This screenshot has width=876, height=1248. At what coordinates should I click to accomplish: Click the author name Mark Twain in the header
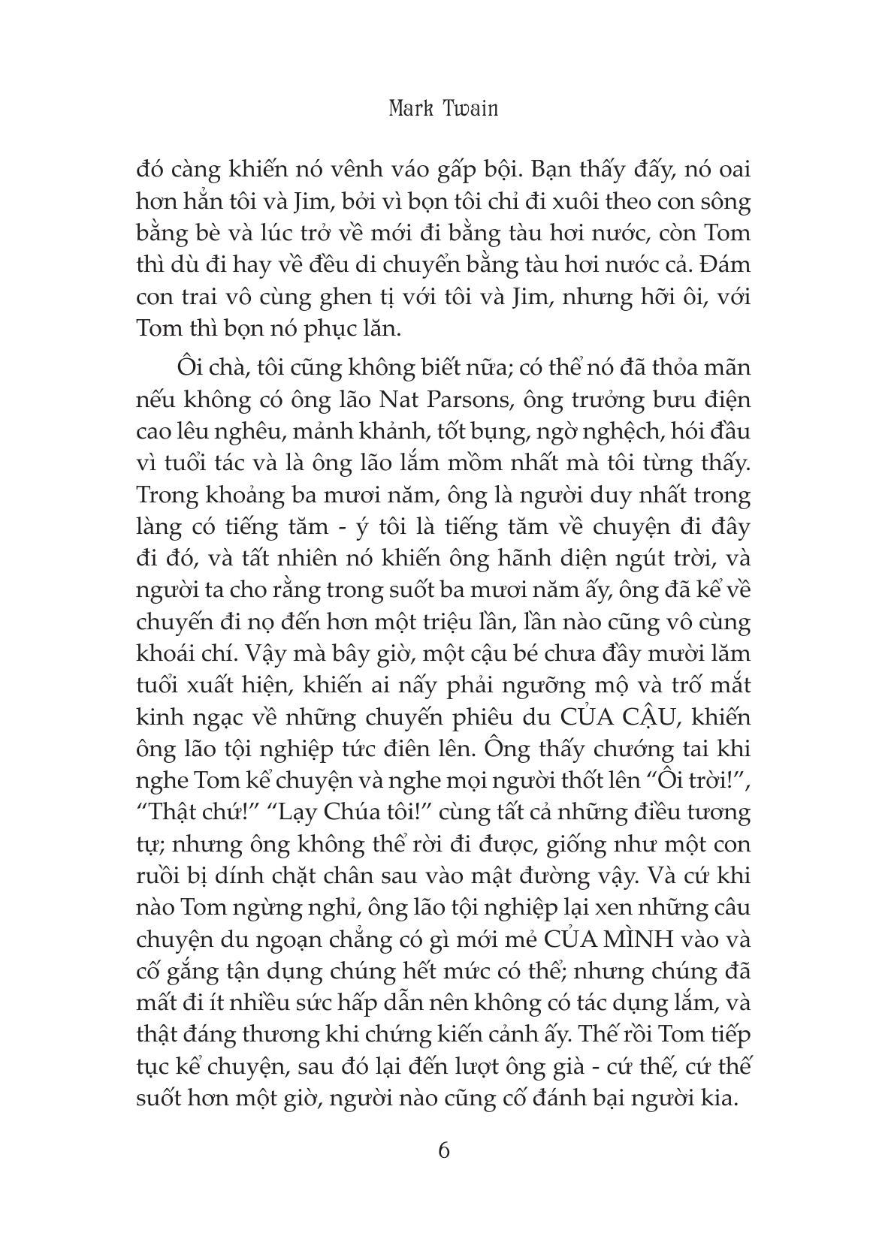point(443,109)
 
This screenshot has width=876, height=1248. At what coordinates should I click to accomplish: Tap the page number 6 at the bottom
point(444,1150)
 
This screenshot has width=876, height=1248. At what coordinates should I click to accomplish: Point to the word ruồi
point(158,876)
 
